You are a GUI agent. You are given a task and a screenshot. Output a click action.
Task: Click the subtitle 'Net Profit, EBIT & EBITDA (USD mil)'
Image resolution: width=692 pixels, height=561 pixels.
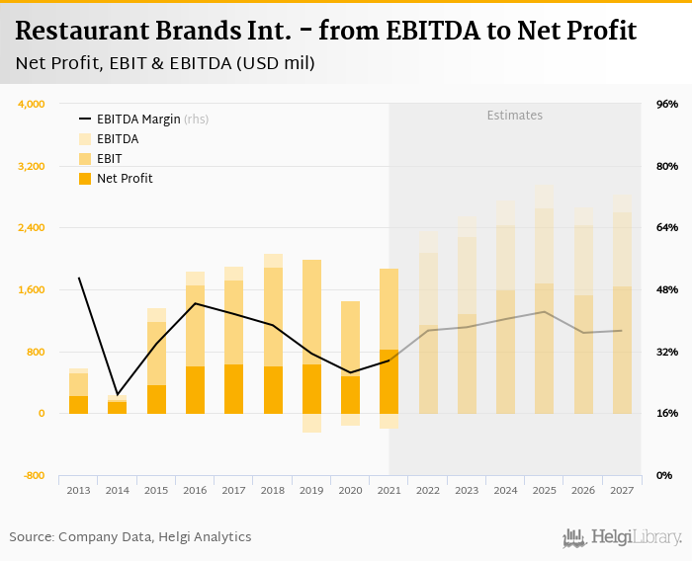[x=166, y=64]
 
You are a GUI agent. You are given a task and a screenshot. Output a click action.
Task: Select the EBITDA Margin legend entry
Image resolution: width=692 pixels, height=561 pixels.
[x=138, y=120]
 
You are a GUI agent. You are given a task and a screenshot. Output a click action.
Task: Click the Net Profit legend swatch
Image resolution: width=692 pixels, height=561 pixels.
[x=85, y=179]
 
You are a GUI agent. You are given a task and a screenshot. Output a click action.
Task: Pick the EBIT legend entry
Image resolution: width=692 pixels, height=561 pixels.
[x=109, y=159]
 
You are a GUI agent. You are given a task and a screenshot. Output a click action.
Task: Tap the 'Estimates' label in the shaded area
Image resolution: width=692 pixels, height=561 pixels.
[x=514, y=116]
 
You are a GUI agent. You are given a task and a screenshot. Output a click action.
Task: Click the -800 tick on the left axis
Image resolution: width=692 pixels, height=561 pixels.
[x=35, y=476]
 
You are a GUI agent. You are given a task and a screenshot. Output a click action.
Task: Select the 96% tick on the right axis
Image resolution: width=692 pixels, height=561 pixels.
[x=666, y=104]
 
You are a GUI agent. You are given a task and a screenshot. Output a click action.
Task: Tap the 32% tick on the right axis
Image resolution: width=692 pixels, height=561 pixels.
[x=666, y=352]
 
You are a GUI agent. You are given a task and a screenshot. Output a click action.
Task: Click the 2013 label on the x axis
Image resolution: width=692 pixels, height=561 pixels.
[x=78, y=490]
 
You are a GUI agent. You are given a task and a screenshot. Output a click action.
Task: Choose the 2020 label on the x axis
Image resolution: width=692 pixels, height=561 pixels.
[x=350, y=490]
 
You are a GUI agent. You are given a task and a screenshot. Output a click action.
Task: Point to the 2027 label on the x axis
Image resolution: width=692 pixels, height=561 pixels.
[x=622, y=490]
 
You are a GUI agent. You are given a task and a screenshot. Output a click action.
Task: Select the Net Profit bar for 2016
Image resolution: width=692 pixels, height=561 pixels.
[x=195, y=390]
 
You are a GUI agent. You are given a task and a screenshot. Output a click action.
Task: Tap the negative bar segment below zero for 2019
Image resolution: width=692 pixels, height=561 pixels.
[x=311, y=423]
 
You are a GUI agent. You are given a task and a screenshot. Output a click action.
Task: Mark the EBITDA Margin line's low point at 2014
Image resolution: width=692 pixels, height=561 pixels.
[x=118, y=394]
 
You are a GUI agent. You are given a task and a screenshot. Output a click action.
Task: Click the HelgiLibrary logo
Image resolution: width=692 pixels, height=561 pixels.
[x=623, y=537]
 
